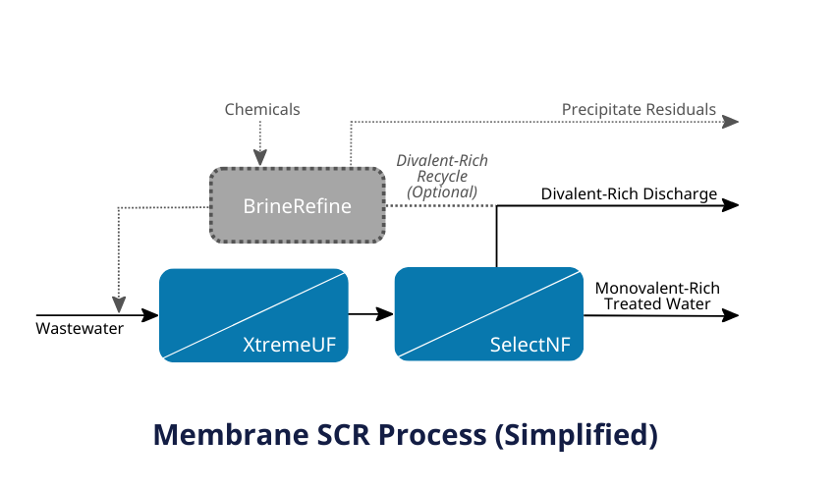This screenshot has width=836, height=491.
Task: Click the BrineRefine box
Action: point(298,206)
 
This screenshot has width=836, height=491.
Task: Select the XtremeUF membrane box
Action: point(253,314)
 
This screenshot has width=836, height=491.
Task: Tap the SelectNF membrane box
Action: point(488,314)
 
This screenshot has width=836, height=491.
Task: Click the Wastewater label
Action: point(81,328)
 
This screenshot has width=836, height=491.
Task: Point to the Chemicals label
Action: point(262,109)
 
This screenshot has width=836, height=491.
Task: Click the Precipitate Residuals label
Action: point(639,109)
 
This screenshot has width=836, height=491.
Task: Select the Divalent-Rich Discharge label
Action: point(629,193)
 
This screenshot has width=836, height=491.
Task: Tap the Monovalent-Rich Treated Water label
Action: point(657,296)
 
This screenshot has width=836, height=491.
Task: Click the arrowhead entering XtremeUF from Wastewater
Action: point(150,315)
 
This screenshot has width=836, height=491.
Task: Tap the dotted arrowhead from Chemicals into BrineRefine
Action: point(260,158)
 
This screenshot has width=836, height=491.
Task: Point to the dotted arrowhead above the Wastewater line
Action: point(118,302)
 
